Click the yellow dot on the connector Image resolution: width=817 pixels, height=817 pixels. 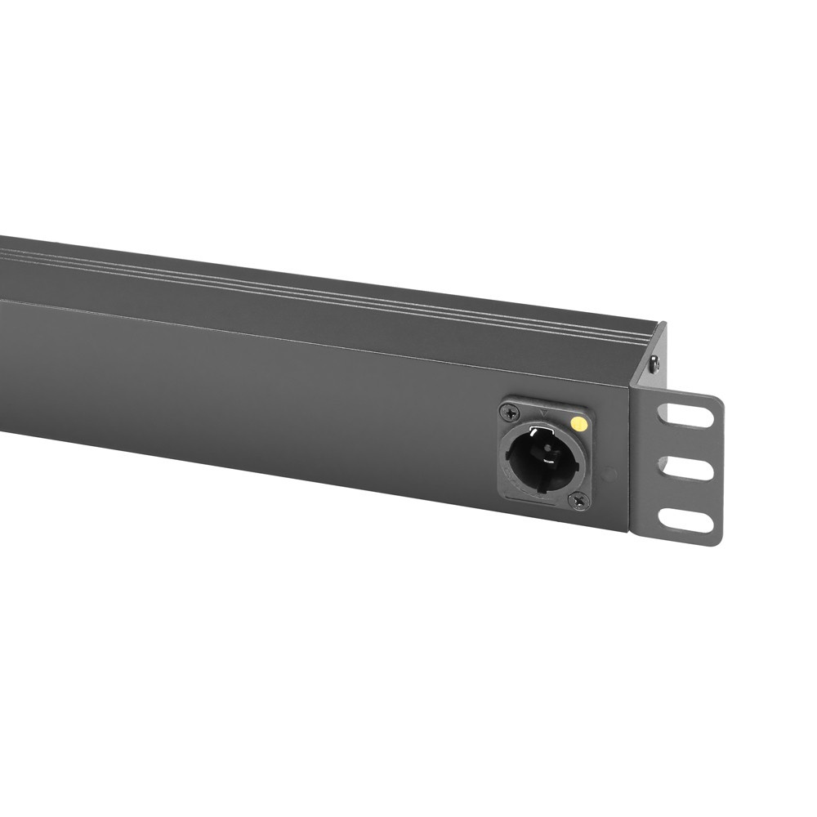579,423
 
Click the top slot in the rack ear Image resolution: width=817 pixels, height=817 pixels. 685,414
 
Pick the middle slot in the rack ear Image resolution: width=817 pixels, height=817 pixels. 685,467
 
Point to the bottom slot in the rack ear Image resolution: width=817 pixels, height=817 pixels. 685,520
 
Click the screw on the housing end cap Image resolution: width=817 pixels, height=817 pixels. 654,365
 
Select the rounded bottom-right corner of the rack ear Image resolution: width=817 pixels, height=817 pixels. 717,539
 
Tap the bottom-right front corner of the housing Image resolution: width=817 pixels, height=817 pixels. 628,531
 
